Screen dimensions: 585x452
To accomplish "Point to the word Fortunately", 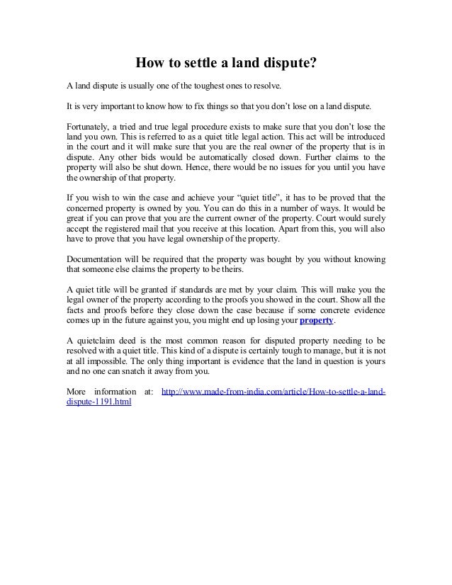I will pos(86,124).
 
